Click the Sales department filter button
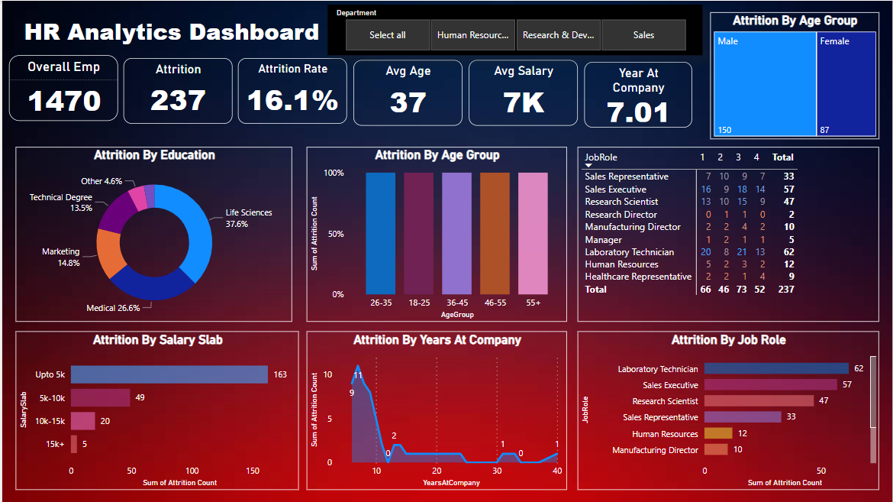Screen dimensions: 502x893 [643, 35]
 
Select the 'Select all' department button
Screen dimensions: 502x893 [388, 35]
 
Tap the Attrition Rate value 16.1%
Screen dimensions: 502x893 [292, 100]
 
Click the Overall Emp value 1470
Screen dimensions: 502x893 [64, 100]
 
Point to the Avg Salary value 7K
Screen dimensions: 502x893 [524, 102]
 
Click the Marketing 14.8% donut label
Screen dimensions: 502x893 [61, 257]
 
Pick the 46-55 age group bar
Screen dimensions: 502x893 [495, 233]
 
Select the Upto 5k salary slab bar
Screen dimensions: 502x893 [169, 374]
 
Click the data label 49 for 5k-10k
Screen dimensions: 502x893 [140, 398]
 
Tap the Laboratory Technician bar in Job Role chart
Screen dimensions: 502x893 [776, 369]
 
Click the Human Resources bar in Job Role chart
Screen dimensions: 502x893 [718, 434]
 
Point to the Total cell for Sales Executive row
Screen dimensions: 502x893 [783, 189]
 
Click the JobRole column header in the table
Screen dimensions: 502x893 [601, 157]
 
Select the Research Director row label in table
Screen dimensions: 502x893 [621, 215]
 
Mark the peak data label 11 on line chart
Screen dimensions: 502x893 [358, 375]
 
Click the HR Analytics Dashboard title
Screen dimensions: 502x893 [172, 32]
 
